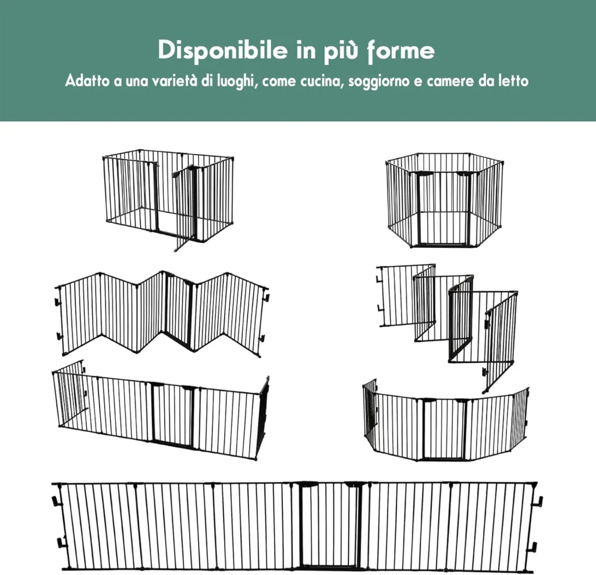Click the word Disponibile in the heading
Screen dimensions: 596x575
(223, 51)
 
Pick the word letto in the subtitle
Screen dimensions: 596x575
(514, 81)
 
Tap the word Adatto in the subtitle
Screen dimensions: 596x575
(87, 80)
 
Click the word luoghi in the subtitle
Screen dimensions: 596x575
(235, 81)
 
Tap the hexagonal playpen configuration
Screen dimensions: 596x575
(445, 200)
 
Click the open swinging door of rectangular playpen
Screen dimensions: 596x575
(185, 209)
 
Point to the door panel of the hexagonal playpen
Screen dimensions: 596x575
(444, 208)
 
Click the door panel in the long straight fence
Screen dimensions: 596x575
(330, 525)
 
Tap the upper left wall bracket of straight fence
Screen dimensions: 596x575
(57, 501)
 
